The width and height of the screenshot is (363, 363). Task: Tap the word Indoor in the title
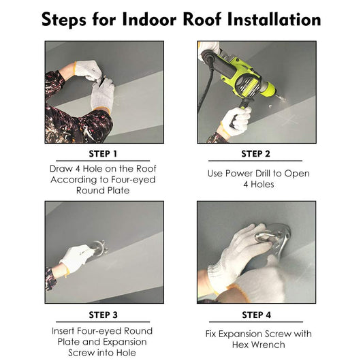click(x=149, y=19)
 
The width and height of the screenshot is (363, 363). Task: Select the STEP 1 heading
click(x=103, y=154)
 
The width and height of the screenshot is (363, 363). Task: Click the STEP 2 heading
click(x=255, y=154)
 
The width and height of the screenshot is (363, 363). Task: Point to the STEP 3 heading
click(x=103, y=315)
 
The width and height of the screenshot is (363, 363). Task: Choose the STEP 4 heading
click(x=256, y=315)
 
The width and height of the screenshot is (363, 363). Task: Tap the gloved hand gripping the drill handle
click(x=236, y=121)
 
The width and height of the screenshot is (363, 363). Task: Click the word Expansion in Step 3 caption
click(x=125, y=342)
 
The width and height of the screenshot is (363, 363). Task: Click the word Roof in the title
click(x=202, y=19)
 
